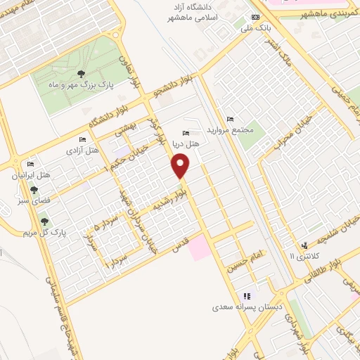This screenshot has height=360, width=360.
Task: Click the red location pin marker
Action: pyautogui.click(x=181, y=166)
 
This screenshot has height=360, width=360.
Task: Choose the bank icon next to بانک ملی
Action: pyautogui.click(x=255, y=18)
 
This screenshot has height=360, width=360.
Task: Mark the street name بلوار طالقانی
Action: pyautogui.click(x=330, y=259)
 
